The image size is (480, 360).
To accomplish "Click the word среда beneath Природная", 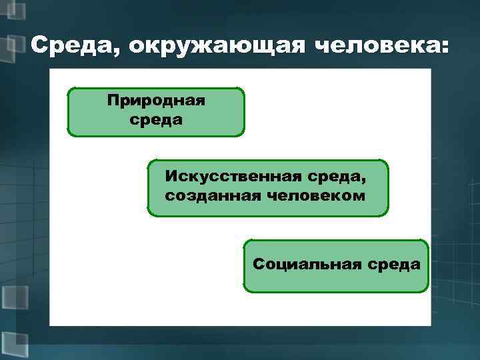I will [x=156, y=121].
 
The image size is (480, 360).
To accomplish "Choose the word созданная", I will [x=208, y=197].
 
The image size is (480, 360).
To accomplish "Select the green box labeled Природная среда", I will [x=156, y=111].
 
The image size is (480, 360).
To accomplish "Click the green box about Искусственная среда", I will [x=267, y=188].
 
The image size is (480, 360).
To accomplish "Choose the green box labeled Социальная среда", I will [x=336, y=266].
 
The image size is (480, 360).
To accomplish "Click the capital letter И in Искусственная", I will [x=171, y=177].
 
